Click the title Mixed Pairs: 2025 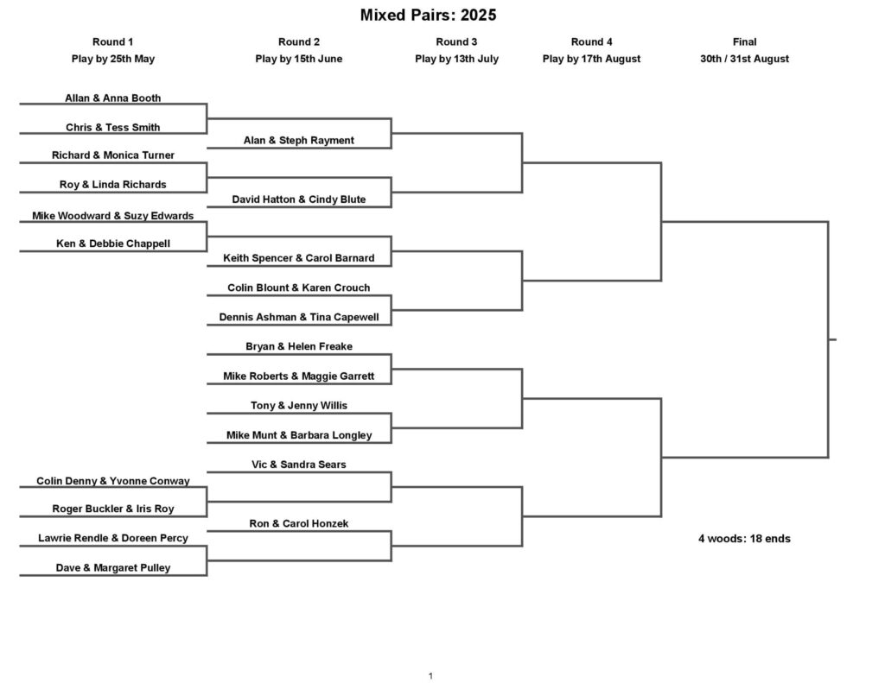tap(429, 15)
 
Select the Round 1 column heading tap(113, 41)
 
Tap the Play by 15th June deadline tap(298, 59)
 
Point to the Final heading tap(744, 41)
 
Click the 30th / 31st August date tap(744, 59)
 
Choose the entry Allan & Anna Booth tap(113, 98)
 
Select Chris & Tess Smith tap(113, 128)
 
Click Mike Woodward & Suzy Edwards tap(113, 216)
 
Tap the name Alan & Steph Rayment tap(298, 140)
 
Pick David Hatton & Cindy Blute tap(298, 199)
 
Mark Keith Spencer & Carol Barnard tap(298, 258)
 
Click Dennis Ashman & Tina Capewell tap(298, 317)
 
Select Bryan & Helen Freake tap(298, 346)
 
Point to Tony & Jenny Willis tap(298, 406)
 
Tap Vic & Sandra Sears tap(298, 465)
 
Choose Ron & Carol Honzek tap(298, 523)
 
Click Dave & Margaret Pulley tap(113, 567)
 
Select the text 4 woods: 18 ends tap(744, 539)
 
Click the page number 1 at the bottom tap(430, 676)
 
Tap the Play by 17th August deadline tap(591, 59)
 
